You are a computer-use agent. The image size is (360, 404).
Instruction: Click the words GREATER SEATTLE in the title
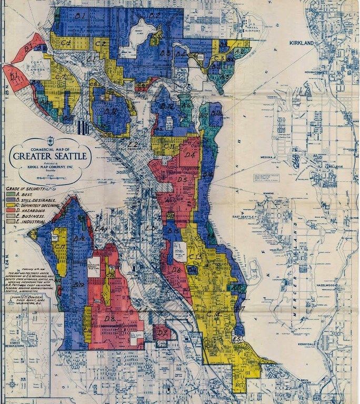coord(51,156)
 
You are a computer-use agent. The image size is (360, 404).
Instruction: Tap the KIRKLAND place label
coord(301,43)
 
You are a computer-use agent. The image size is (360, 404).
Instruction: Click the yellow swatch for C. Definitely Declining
coord(10,205)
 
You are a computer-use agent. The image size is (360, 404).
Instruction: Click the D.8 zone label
coord(110,319)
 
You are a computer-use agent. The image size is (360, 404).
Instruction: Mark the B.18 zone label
coord(79,239)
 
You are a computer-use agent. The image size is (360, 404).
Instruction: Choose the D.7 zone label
coord(162,332)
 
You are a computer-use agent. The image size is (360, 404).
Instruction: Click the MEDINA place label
coord(281,163)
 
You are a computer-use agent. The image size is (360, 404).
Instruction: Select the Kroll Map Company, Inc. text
coord(51,166)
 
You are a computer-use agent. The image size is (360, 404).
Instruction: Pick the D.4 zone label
coord(191,155)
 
